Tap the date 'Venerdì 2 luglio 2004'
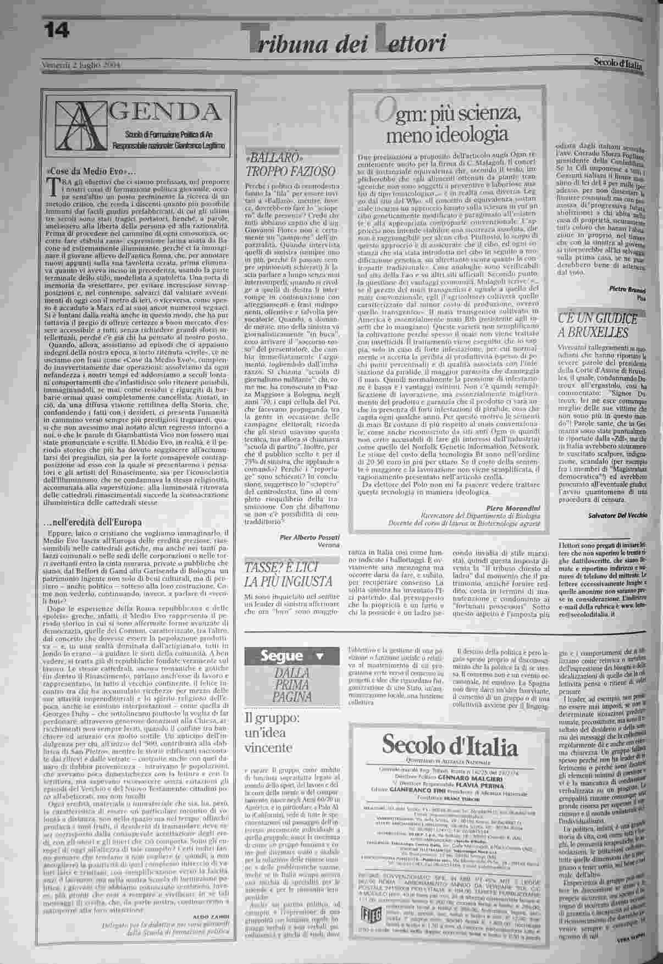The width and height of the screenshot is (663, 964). (x=81, y=66)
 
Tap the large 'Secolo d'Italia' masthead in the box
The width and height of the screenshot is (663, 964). (x=449, y=746)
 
